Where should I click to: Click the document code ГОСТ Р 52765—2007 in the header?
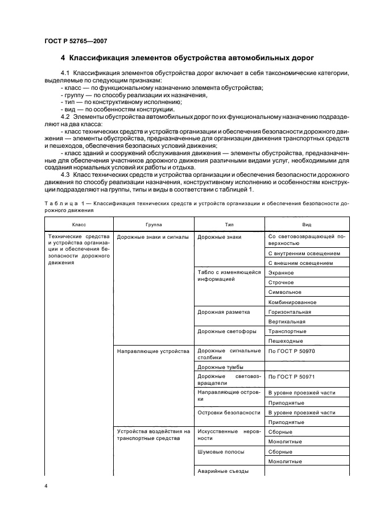75,41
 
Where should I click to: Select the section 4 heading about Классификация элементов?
187,59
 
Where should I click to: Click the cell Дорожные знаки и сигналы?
152,237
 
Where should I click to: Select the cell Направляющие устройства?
152,351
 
